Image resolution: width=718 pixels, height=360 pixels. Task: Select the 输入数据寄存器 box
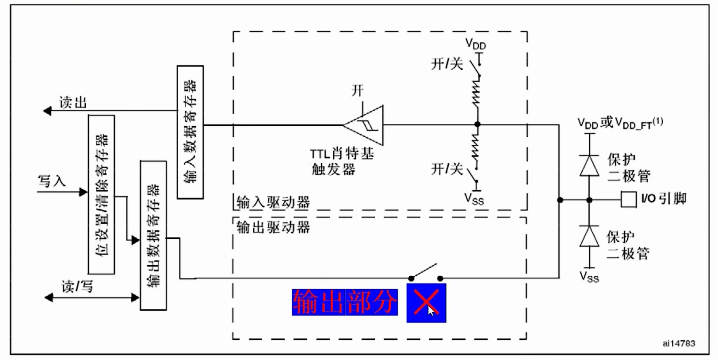click(190, 132)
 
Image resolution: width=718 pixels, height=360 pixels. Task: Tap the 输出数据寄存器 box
click(153, 235)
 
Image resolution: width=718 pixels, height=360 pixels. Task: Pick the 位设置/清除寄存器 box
click(101, 195)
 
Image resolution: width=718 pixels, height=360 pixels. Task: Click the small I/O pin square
click(628, 200)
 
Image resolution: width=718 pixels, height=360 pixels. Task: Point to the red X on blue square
click(426, 303)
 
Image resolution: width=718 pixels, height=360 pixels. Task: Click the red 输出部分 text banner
click(345, 302)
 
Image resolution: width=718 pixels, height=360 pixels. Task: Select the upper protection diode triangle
click(589, 166)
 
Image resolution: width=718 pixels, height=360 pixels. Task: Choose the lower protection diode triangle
click(589, 236)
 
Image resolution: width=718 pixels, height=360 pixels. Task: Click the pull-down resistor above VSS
click(476, 147)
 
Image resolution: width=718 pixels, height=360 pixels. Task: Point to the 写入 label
click(52, 181)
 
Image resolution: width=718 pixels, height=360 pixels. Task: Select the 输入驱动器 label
click(273, 202)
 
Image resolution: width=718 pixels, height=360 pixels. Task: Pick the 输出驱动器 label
click(273, 227)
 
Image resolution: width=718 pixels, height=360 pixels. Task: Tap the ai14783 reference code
click(678, 343)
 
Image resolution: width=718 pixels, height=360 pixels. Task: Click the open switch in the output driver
click(425, 273)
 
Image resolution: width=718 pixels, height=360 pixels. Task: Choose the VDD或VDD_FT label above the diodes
click(620, 122)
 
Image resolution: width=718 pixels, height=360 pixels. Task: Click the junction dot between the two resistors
click(477, 124)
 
